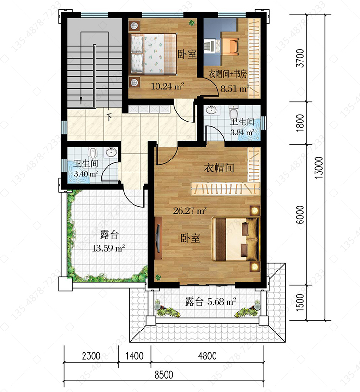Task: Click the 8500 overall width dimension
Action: click(x=164, y=375)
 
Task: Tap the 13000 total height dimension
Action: click(x=319, y=168)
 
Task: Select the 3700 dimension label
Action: click(x=300, y=58)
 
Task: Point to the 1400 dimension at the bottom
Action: click(x=134, y=356)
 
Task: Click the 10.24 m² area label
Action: click(x=168, y=86)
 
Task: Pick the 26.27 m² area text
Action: click(x=190, y=210)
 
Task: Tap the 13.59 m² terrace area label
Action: click(x=108, y=248)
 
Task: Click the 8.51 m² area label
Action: click(x=235, y=88)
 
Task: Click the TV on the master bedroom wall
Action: click(x=158, y=237)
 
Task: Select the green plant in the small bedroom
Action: click(x=192, y=23)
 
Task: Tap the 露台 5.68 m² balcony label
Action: click(x=210, y=302)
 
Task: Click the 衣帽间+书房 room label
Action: click(x=228, y=74)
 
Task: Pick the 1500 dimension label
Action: click(x=300, y=302)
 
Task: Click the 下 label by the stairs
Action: click(x=109, y=117)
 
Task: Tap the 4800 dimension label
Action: click(x=207, y=356)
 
